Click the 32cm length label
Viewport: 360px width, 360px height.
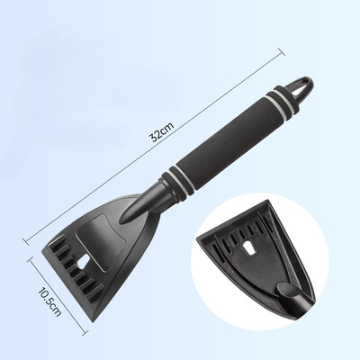tap(162, 131)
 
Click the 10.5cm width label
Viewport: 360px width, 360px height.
tap(49, 301)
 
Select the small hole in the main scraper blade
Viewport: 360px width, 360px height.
tap(84, 261)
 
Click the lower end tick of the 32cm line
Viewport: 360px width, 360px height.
tap(26, 241)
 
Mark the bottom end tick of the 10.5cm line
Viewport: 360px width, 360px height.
tap(85, 332)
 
